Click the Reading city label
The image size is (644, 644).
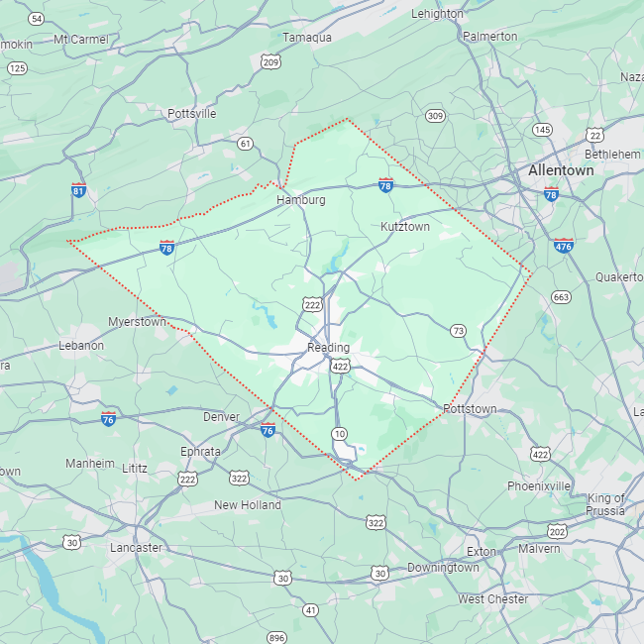click(328, 348)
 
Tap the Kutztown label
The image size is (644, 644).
click(405, 227)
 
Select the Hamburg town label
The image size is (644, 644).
click(300, 199)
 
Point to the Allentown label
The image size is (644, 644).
click(561, 170)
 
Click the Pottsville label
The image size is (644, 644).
click(191, 113)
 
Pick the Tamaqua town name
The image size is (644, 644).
click(307, 37)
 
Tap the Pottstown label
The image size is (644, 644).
click(470, 408)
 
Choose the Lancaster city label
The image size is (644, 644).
click(136, 548)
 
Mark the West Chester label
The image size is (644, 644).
click(492, 599)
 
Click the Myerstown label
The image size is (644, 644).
click(137, 322)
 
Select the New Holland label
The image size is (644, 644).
click(248, 505)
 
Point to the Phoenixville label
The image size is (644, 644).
click(539, 486)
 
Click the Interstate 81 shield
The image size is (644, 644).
click(78, 190)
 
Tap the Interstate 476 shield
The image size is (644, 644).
click(564, 245)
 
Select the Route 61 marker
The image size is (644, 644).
click(245, 144)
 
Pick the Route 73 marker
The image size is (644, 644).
click(457, 331)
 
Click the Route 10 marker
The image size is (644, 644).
click(340, 434)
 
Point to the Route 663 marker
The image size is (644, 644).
click(562, 297)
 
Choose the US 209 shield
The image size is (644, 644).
click(270, 62)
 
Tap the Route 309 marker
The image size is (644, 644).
click(434, 116)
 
